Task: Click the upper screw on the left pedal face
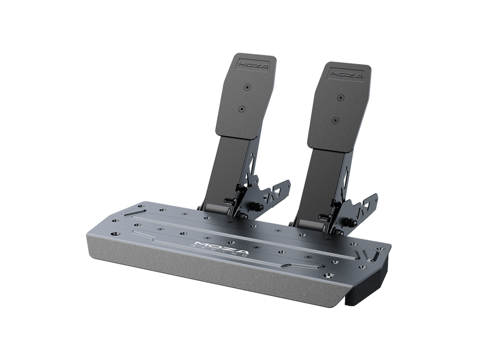246,87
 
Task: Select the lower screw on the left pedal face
242,109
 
